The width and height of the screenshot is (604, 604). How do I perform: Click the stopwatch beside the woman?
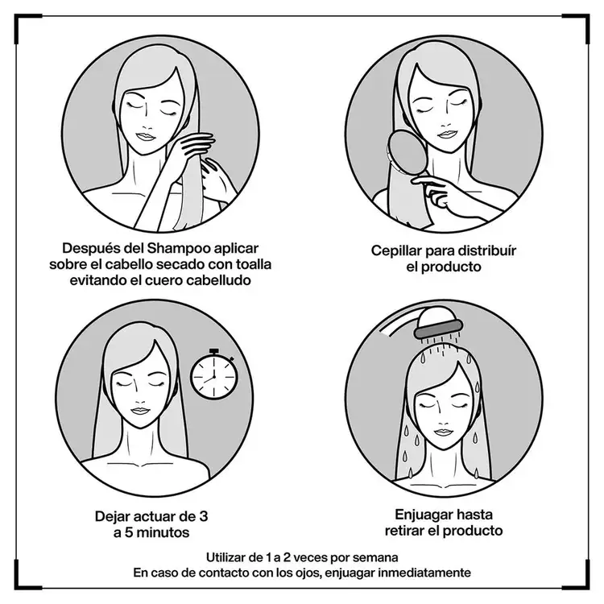213,374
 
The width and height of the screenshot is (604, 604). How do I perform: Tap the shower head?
438,324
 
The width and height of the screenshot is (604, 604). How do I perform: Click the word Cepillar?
396,251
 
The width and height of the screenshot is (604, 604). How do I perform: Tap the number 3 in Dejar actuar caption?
203,516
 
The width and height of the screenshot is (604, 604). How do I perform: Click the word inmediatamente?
424,573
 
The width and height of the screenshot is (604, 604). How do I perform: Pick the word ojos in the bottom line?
309,573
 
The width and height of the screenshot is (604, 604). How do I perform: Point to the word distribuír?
489,250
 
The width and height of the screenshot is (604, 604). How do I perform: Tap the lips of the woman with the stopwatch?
139,411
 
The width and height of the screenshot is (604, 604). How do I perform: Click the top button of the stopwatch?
213,351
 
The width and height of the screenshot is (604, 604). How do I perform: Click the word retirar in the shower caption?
403,531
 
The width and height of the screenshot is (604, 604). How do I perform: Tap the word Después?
89,249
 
